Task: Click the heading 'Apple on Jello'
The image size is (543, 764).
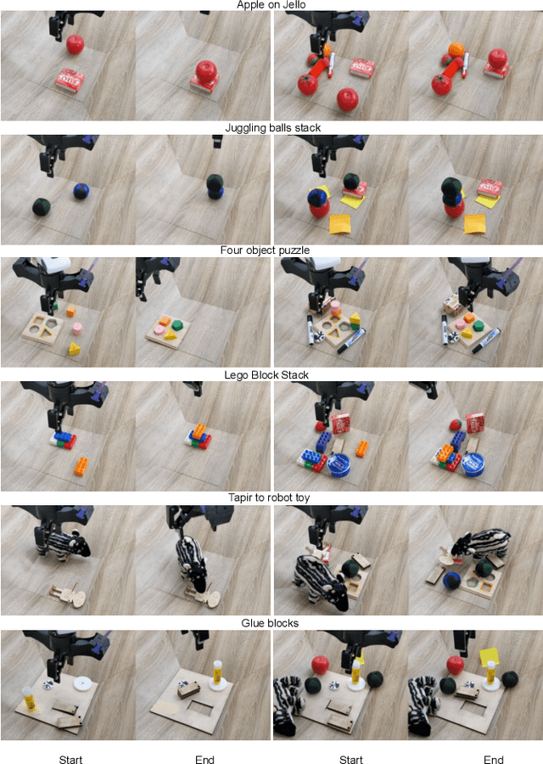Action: click(271, 5)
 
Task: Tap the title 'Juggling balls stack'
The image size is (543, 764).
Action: click(272, 127)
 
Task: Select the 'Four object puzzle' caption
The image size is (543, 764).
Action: click(265, 250)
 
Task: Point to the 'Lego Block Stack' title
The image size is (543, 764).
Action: click(266, 374)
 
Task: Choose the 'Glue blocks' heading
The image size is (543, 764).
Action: click(270, 623)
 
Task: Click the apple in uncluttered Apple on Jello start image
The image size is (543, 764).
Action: click(75, 44)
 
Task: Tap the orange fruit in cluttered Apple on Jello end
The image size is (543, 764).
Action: click(456, 49)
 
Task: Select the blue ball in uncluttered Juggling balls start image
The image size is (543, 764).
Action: click(81, 190)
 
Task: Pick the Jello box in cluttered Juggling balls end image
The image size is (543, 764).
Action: click(489, 188)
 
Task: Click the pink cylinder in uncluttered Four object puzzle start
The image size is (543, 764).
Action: click(77, 328)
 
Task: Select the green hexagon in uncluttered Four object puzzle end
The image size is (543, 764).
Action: click(176, 325)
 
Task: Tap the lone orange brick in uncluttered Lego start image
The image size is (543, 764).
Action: click(81, 466)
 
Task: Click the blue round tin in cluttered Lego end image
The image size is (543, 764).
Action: click(472, 463)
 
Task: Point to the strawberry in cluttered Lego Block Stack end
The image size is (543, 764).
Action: click(456, 424)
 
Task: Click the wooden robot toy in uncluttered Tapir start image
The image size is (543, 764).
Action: click(70, 595)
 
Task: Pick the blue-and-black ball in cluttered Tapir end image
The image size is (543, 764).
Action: click(451, 581)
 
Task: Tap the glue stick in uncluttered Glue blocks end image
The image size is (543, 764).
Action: click(217, 671)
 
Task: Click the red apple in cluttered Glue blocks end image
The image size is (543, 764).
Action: click(456, 665)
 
